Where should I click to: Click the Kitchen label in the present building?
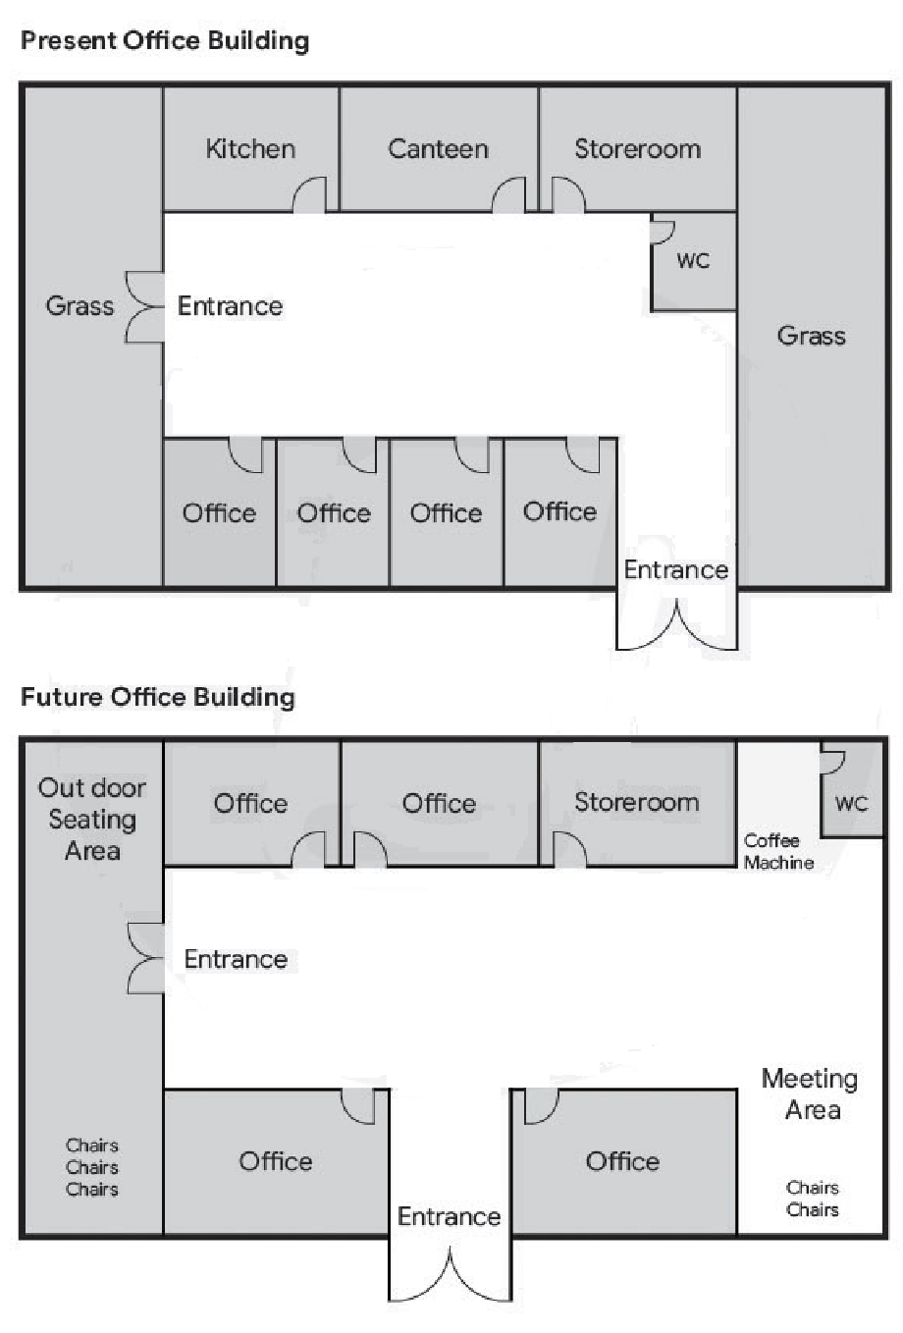[250, 149]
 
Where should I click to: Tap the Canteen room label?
[438, 149]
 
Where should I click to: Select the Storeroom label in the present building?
[637, 149]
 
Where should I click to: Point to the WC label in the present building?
[693, 261]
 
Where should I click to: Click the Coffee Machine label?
[778, 851]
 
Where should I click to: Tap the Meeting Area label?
[810, 1093]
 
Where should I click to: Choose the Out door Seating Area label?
[92, 819]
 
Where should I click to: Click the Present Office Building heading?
[165, 41]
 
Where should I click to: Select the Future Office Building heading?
[158, 697]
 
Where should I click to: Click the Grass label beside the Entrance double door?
[80, 306]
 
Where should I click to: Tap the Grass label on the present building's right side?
[812, 336]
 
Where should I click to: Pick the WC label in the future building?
[851, 803]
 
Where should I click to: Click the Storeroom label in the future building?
[636, 802]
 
